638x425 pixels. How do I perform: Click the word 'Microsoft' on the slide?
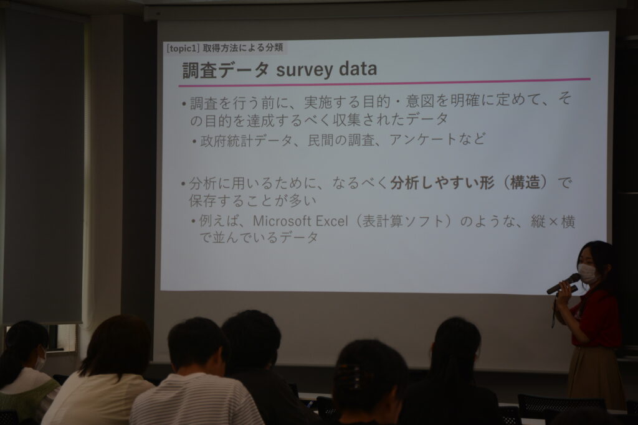(x=282, y=221)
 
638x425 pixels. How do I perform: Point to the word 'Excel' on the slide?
(x=331, y=221)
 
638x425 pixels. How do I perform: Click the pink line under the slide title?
(x=384, y=82)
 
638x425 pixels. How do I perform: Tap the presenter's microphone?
(x=563, y=284)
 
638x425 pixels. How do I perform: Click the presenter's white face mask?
(x=586, y=272)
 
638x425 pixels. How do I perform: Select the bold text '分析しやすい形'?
(x=442, y=184)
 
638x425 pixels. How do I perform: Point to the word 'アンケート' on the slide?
(x=423, y=140)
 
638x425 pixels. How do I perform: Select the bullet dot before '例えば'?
(x=194, y=222)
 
